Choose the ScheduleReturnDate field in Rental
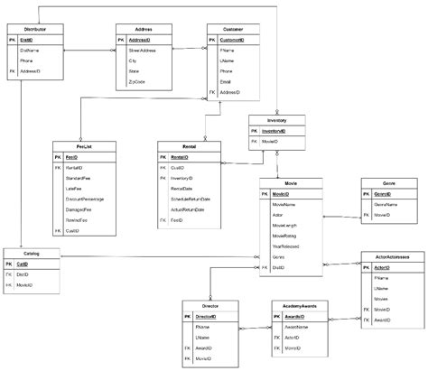[x=191, y=199]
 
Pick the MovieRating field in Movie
[x=287, y=232]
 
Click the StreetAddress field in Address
[x=142, y=51]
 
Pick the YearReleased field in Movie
[x=288, y=244]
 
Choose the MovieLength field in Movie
[x=287, y=220]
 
